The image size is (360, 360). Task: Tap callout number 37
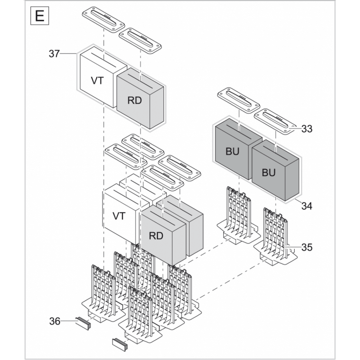coord(54,54)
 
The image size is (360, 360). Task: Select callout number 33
coord(307,129)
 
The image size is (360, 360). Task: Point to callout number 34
coord(307,207)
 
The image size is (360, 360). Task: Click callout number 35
coord(307,247)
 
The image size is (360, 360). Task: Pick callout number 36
coord(54,321)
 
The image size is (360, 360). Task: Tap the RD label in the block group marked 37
coord(134,100)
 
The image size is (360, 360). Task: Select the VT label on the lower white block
coord(119,216)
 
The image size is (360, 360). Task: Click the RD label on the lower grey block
coord(156,235)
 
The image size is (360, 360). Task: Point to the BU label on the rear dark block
coord(232,152)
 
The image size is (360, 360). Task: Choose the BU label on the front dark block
coord(269,172)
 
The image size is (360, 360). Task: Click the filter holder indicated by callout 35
coord(275,234)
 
